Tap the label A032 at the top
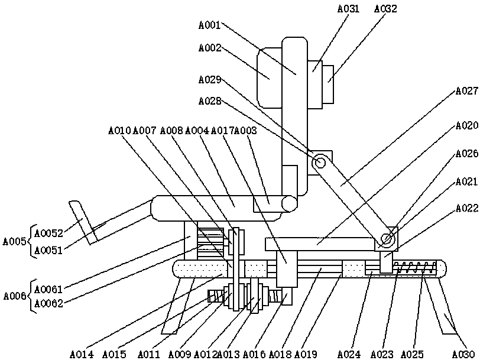coord(385,9)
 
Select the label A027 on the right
coord(466,92)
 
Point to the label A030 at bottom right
coord(463,354)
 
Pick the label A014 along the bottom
coord(82,354)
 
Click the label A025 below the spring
coord(411,354)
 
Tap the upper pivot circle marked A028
coord(321,161)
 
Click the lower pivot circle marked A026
coord(388,239)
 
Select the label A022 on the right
coord(466,209)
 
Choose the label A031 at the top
coord(348,9)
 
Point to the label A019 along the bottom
coord(306,354)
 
